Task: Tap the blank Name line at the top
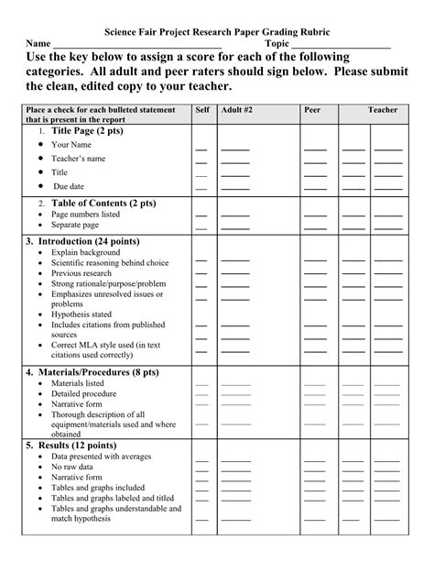coord(137,46)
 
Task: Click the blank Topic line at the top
coord(342,46)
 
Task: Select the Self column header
coord(202,110)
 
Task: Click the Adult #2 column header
coord(237,110)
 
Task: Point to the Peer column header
coord(313,110)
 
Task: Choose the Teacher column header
coord(383,110)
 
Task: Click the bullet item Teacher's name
coord(79,159)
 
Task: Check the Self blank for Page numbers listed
coord(201,217)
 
